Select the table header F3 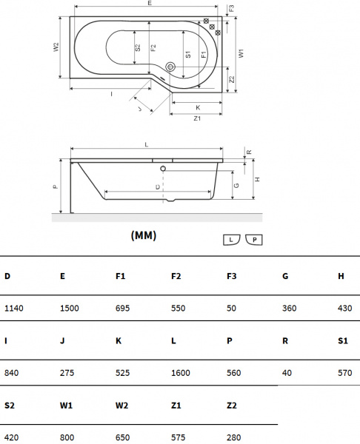[232, 276]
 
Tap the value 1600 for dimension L [181, 373]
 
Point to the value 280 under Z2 [234, 437]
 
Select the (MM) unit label [144, 235]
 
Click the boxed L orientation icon [232, 240]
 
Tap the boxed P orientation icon [254, 240]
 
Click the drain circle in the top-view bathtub [171, 67]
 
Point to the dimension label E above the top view [150, 4]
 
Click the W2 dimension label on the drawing [56, 47]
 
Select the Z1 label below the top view [197, 118]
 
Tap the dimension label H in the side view [256, 180]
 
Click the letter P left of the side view [56, 187]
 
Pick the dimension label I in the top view [110, 94]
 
